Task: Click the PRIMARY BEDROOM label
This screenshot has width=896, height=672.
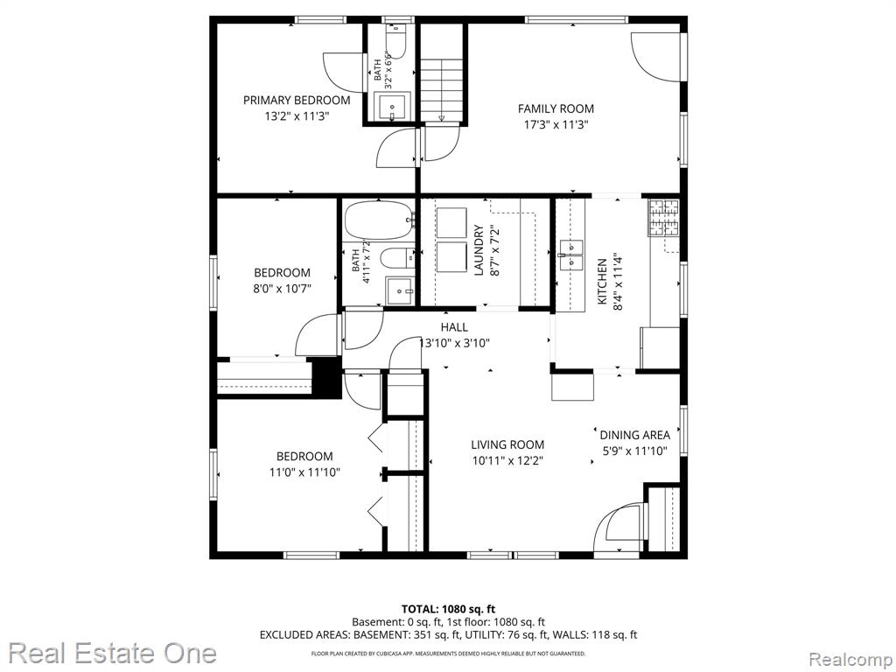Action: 297,101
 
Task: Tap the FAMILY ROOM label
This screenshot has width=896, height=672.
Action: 556,108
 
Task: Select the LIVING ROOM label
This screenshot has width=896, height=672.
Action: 507,444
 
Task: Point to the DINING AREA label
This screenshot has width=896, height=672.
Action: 635,435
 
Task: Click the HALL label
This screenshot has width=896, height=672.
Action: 454,327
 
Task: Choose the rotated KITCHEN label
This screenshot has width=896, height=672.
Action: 602,281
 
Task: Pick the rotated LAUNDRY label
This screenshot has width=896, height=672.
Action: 479,249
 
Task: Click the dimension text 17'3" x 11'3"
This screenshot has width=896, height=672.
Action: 556,124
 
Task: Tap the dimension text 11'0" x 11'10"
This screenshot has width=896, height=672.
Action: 304,472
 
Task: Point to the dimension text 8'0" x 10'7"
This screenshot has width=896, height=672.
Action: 283,289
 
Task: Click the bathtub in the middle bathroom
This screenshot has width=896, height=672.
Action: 379,220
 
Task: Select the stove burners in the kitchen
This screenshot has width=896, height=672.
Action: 663,217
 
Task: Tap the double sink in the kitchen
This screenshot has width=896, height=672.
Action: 570,255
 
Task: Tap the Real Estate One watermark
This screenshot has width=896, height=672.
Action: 112,653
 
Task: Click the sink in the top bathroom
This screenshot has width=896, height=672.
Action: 393,108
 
